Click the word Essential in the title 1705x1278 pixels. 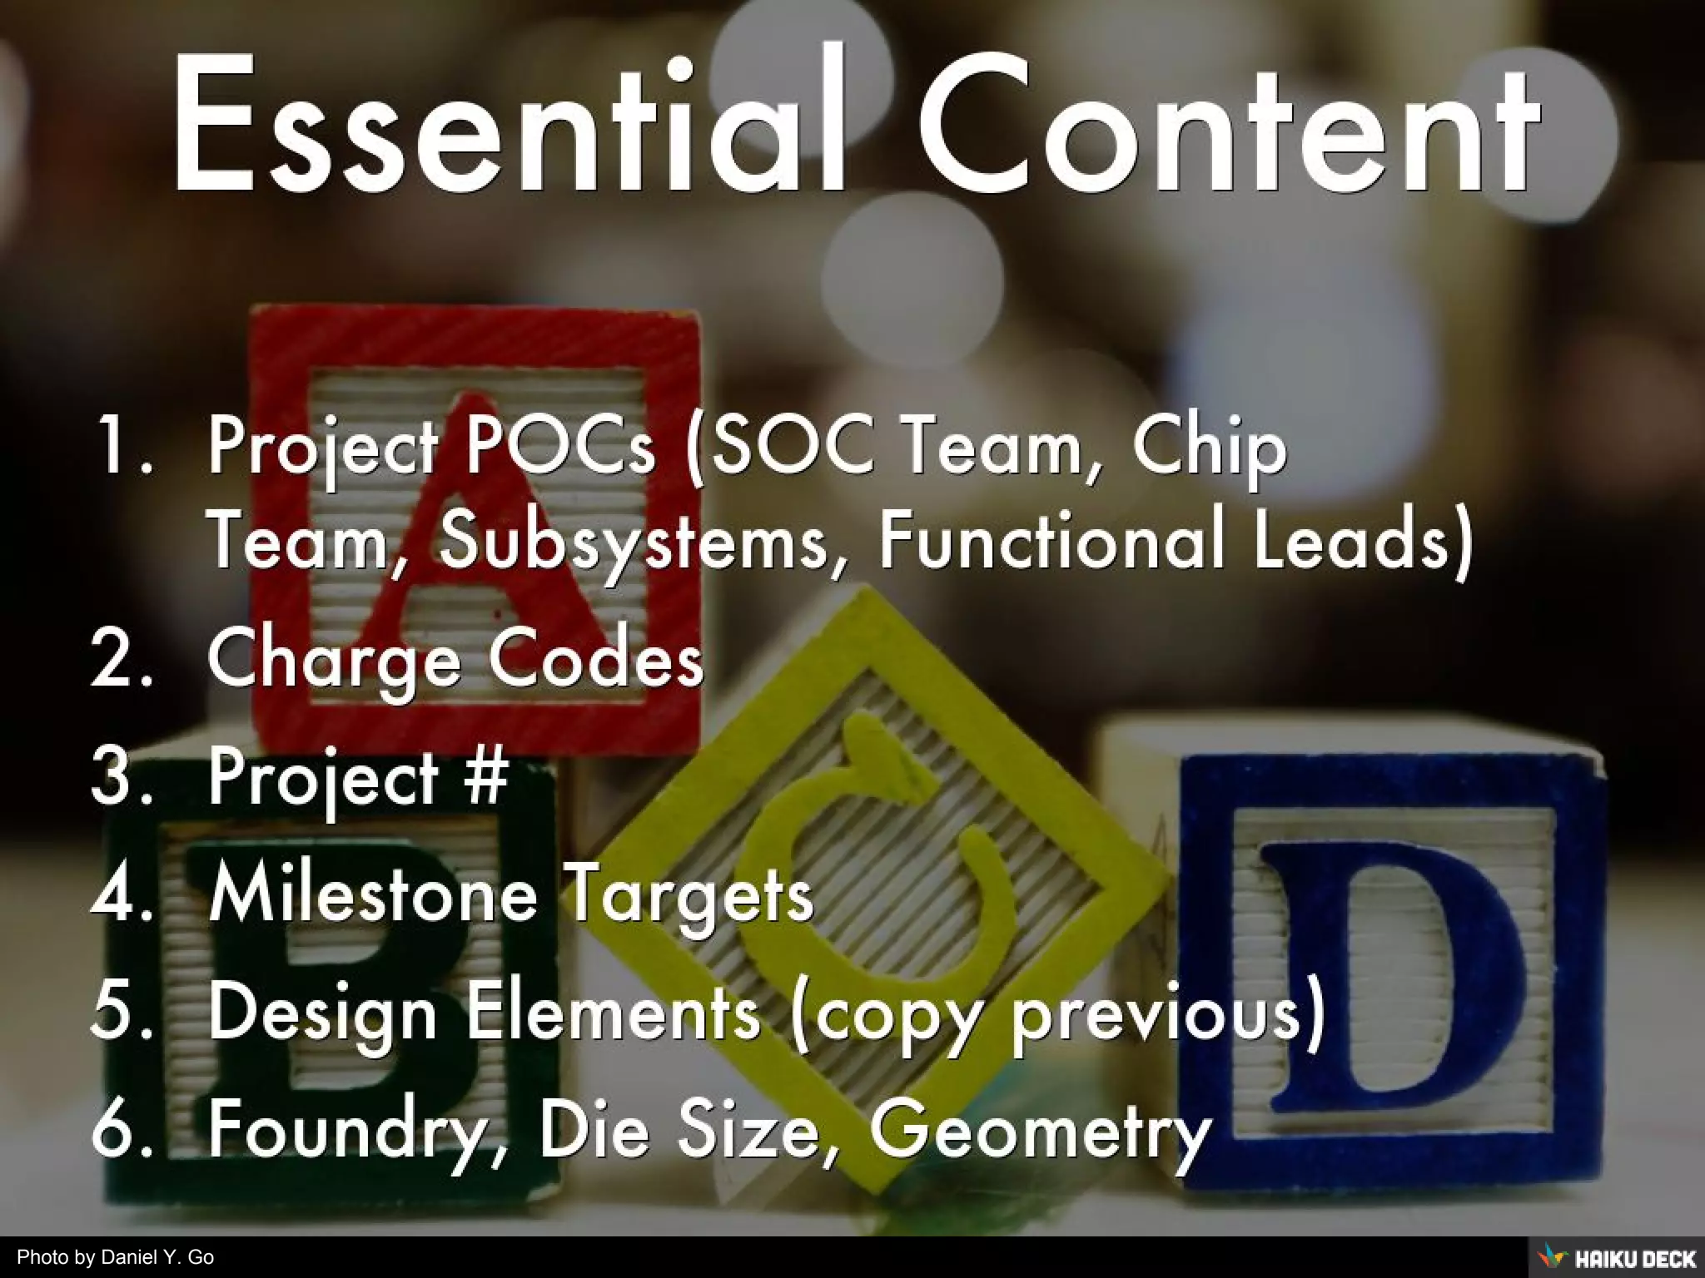click(508, 125)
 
